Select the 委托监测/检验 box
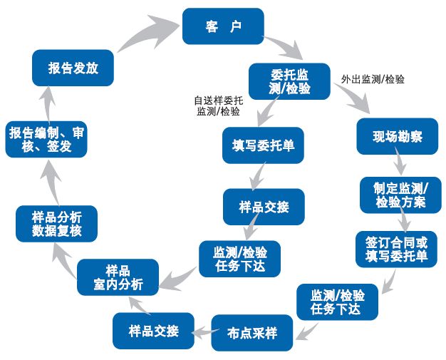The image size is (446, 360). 289,81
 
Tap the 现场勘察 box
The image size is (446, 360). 396,136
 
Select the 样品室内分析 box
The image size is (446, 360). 118,277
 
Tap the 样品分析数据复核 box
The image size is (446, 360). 56,224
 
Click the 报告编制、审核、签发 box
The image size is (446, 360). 46,139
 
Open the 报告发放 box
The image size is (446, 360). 73,68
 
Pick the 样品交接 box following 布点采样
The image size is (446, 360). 152,331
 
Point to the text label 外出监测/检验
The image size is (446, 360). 373,79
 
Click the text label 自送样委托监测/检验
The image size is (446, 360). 218,106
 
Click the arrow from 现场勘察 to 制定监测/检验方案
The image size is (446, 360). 400,164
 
